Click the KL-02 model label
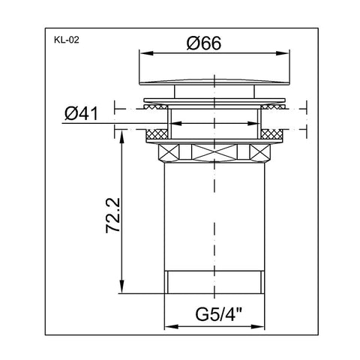66,40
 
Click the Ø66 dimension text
204,43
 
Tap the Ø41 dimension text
82,114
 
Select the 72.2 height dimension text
112,215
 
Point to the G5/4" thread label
218,315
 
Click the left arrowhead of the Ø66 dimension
146,53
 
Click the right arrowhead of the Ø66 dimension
282,53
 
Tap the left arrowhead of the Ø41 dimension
175,123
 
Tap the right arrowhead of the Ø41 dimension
253,123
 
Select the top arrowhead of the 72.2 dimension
121,137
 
